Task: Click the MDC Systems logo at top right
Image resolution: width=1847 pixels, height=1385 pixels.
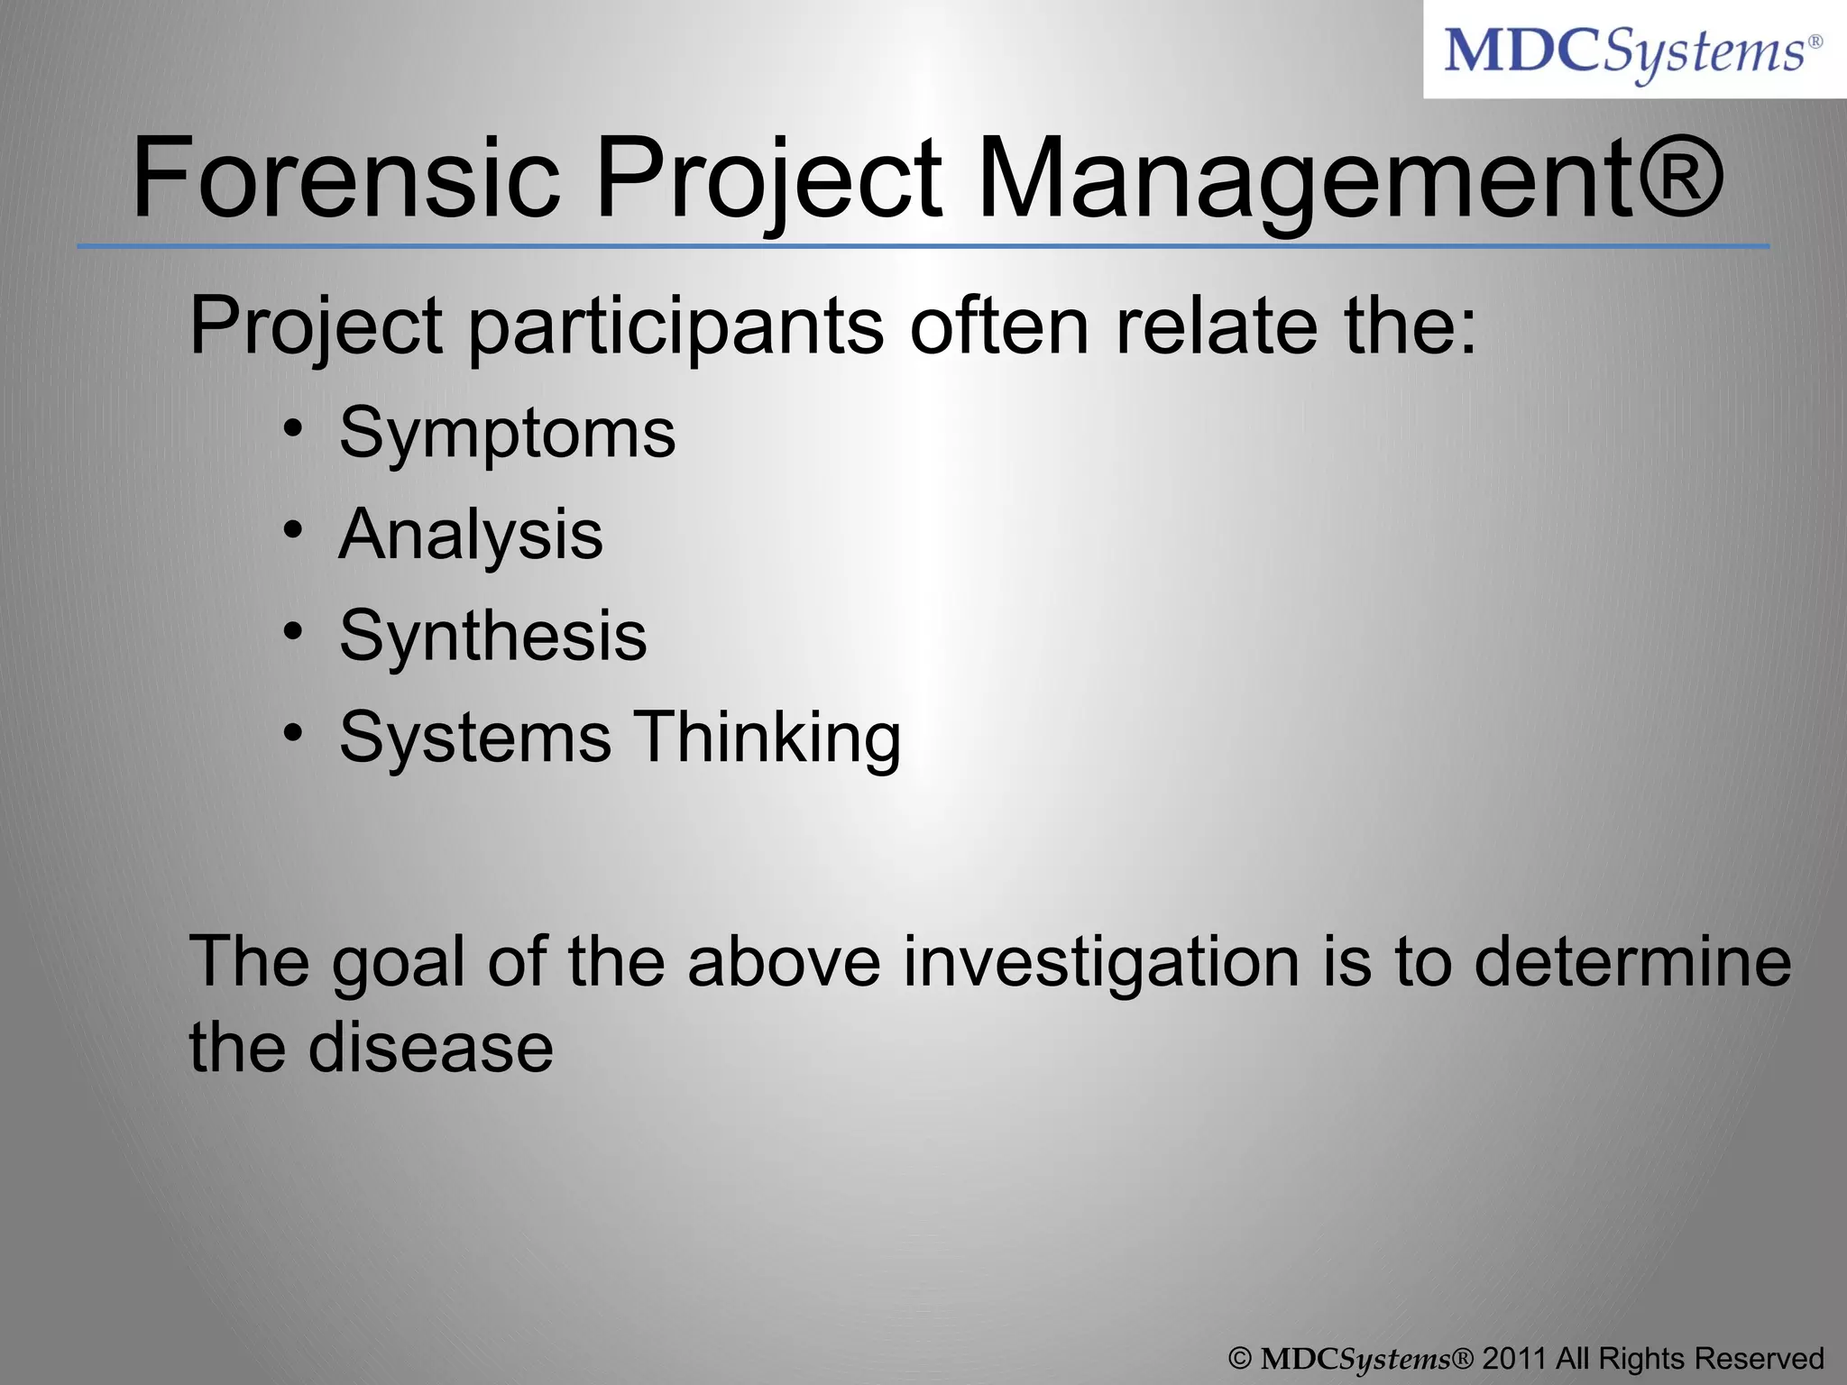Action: (x=1633, y=50)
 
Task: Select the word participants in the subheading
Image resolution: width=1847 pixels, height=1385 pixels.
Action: (x=675, y=326)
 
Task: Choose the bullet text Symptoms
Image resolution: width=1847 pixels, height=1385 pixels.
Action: (x=507, y=434)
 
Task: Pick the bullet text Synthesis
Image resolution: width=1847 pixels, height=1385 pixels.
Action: (x=492, y=637)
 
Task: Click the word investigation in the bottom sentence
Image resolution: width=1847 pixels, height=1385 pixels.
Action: (x=1101, y=963)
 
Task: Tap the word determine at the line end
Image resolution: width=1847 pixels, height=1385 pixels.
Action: (x=1632, y=961)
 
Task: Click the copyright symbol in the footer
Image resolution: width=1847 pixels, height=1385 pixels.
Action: (x=1241, y=1359)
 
